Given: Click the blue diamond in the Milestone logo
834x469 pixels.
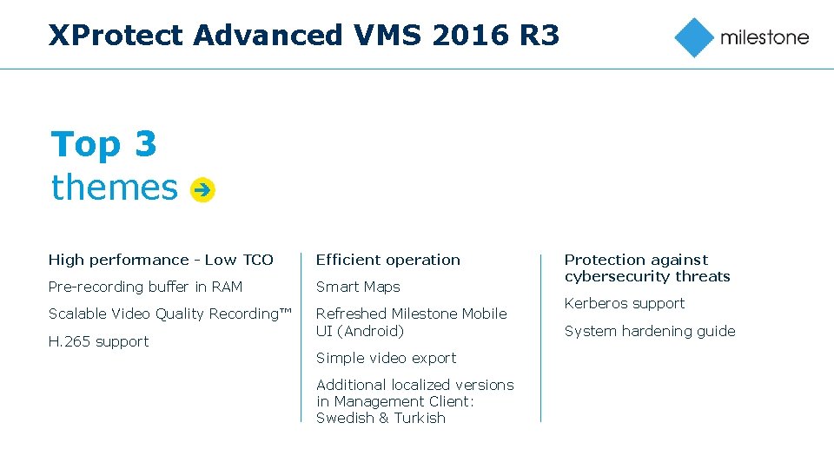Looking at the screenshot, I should tap(694, 37).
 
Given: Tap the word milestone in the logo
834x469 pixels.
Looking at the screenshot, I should tap(764, 37).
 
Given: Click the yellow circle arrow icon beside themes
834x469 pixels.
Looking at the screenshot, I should tap(202, 188).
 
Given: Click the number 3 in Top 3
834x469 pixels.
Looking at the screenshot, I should tap(145, 144).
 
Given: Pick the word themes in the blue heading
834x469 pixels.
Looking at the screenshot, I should tap(114, 188).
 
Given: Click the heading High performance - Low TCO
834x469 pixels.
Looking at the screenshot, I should tap(161, 260).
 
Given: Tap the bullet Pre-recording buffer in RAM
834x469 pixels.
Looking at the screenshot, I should tap(145, 287).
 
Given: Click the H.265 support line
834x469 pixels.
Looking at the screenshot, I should tap(98, 341).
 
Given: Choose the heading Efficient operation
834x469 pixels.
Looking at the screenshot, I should tap(387, 260).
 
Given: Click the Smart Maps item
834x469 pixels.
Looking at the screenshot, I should tap(358, 287).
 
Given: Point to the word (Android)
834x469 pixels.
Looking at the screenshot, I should tap(371, 331).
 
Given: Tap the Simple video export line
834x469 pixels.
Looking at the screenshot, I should tap(386, 358).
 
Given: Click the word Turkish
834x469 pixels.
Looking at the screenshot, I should tap(420, 418).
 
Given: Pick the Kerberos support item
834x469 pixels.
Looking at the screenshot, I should tap(624, 303).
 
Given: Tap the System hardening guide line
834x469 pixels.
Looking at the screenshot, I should tap(650, 331).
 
